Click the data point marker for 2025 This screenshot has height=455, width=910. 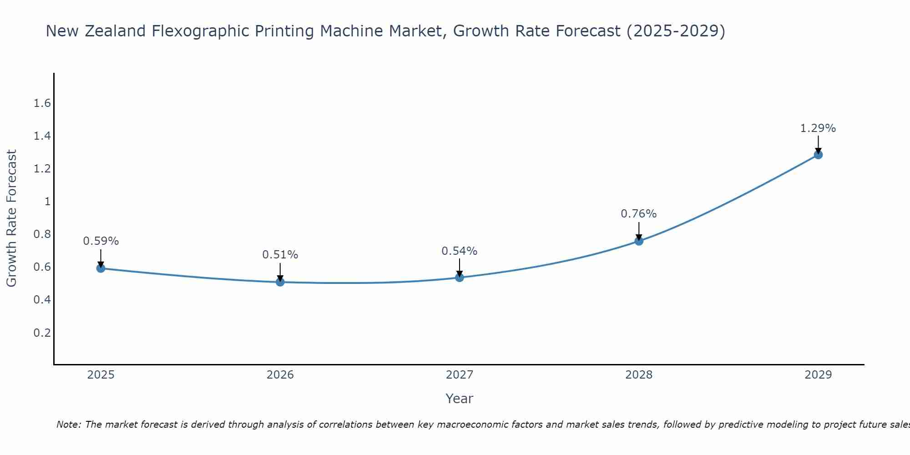pyautogui.click(x=101, y=268)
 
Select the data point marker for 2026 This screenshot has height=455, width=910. pyautogui.click(x=280, y=282)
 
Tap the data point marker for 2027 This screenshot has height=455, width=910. pyautogui.click(x=460, y=277)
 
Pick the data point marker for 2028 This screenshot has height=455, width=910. pyautogui.click(x=639, y=241)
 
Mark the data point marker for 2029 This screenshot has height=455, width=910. pyautogui.click(x=818, y=155)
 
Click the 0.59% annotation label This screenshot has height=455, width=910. pyautogui.click(x=101, y=241)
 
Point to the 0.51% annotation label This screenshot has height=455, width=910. pyautogui.click(x=280, y=255)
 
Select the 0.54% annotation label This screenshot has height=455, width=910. pyautogui.click(x=460, y=251)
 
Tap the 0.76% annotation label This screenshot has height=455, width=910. pyautogui.click(x=639, y=214)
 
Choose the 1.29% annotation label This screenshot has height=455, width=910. pyautogui.click(x=818, y=128)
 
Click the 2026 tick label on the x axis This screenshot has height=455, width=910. pyautogui.click(x=280, y=375)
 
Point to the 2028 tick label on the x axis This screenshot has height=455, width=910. pyautogui.click(x=639, y=375)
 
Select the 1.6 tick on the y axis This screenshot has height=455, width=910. pyautogui.click(x=42, y=103)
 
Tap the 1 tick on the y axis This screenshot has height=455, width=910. pyautogui.click(x=47, y=202)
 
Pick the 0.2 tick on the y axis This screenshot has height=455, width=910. pyautogui.click(x=42, y=333)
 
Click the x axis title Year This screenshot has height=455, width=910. pyautogui.click(x=459, y=399)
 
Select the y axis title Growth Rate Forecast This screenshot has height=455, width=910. pyautogui.click(x=11, y=218)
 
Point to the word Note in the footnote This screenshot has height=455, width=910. pyautogui.click(x=68, y=425)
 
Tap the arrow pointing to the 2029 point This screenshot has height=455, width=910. pyautogui.click(x=818, y=144)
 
